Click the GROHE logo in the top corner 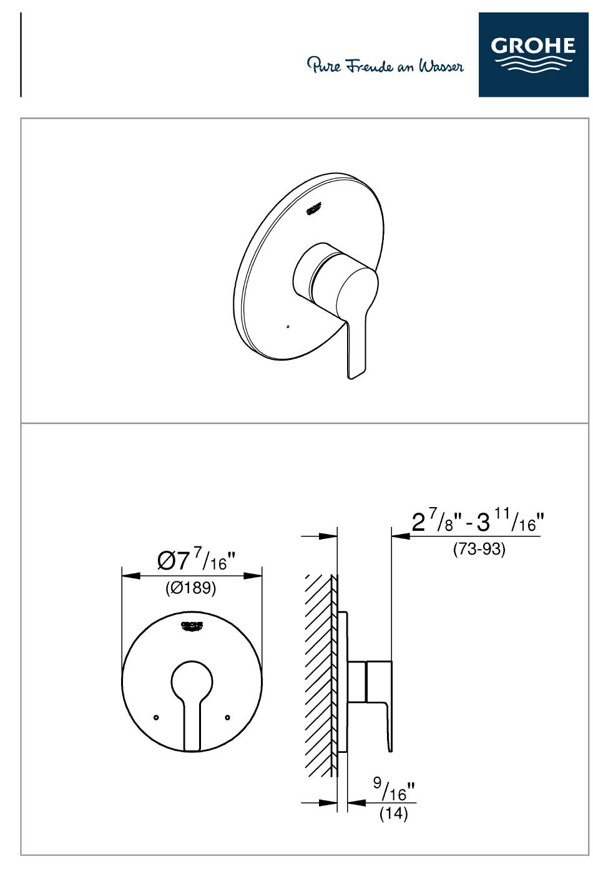click(x=533, y=54)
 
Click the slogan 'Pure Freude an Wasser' click(x=385, y=65)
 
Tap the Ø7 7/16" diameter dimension click(x=197, y=561)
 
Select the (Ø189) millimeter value click(x=190, y=588)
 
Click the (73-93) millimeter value click(x=479, y=549)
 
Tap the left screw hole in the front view click(x=156, y=717)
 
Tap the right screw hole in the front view click(x=228, y=717)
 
